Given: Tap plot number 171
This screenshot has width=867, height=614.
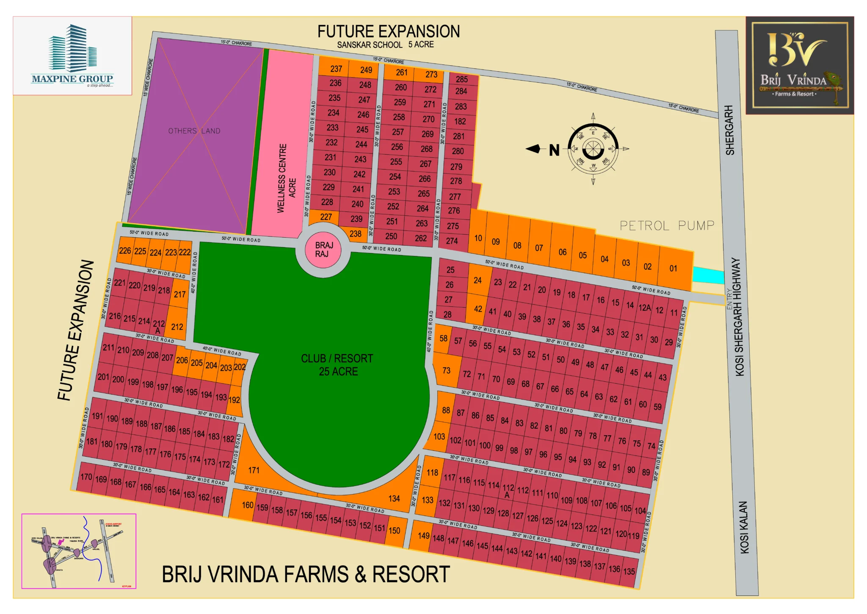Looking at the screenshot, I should (x=254, y=470).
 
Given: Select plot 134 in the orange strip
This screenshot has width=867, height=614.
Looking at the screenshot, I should (x=394, y=498).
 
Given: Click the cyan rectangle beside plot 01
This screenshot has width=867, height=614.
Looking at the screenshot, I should (x=708, y=275).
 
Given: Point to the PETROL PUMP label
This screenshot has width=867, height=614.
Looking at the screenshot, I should (x=667, y=225).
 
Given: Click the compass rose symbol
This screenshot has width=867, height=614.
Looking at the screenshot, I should (x=593, y=149).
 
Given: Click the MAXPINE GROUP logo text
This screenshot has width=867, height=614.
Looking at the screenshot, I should (x=72, y=79).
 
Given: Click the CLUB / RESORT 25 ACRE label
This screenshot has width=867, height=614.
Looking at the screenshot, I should (x=337, y=365).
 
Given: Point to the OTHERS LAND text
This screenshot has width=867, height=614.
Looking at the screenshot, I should (x=194, y=131).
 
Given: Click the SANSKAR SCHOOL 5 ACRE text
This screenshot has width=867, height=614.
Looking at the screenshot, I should (x=385, y=44).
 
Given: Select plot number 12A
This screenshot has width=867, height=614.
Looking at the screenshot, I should (x=644, y=308).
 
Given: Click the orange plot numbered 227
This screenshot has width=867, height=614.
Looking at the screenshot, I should (x=326, y=217).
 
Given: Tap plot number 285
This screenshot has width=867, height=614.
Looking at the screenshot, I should (x=461, y=79).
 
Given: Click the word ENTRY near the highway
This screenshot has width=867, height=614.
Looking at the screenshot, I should (x=729, y=299).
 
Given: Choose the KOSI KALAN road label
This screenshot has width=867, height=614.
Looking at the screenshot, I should (x=744, y=527).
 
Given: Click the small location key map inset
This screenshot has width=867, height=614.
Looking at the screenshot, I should (x=79, y=551).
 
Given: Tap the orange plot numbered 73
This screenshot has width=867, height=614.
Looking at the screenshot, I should (x=446, y=370).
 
